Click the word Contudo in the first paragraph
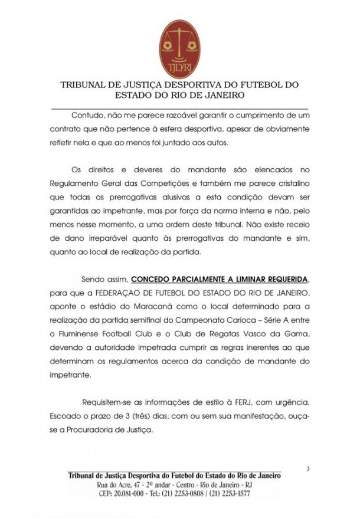coord(88,114)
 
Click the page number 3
coord(307,469)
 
